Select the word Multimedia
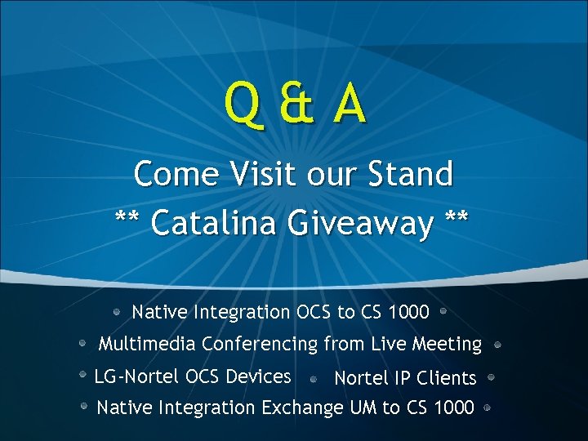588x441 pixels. [147, 345]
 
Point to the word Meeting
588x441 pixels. [447, 345]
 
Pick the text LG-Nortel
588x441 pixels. [137, 376]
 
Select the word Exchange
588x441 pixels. [302, 407]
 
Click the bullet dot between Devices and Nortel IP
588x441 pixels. [314, 379]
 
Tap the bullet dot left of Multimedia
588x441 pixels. [82, 344]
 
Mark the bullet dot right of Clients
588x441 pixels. [492, 377]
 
